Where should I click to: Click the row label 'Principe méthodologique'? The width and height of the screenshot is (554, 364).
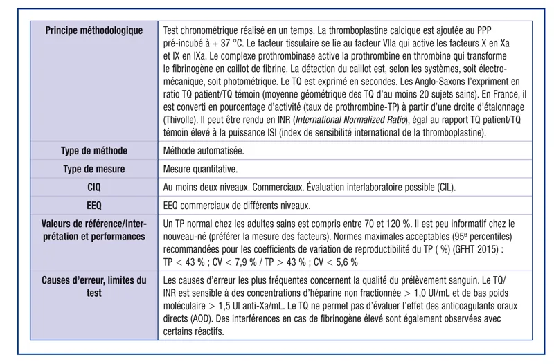(94, 30)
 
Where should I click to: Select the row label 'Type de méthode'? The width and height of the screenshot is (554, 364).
(94, 150)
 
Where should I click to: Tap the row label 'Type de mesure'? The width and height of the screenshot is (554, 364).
(94, 169)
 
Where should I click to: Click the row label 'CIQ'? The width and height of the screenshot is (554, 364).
(94, 187)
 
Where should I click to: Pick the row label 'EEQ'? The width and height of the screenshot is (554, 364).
(94, 205)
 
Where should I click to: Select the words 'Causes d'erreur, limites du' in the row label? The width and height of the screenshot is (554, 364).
(94, 280)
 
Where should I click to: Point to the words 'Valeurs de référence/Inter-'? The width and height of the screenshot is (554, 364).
(94, 224)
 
